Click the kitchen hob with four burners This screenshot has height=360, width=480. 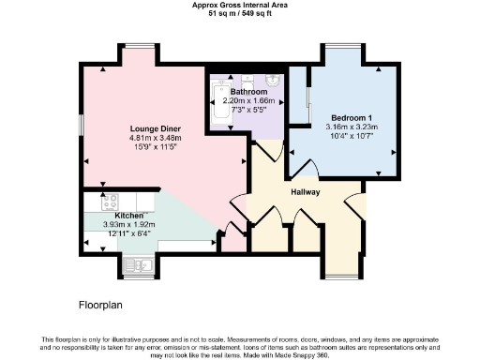[x=109, y=201]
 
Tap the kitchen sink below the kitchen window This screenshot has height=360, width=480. [x=136, y=265]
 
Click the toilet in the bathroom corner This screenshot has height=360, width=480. [x=272, y=81]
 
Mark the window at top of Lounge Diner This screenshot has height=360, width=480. [x=141, y=46]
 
